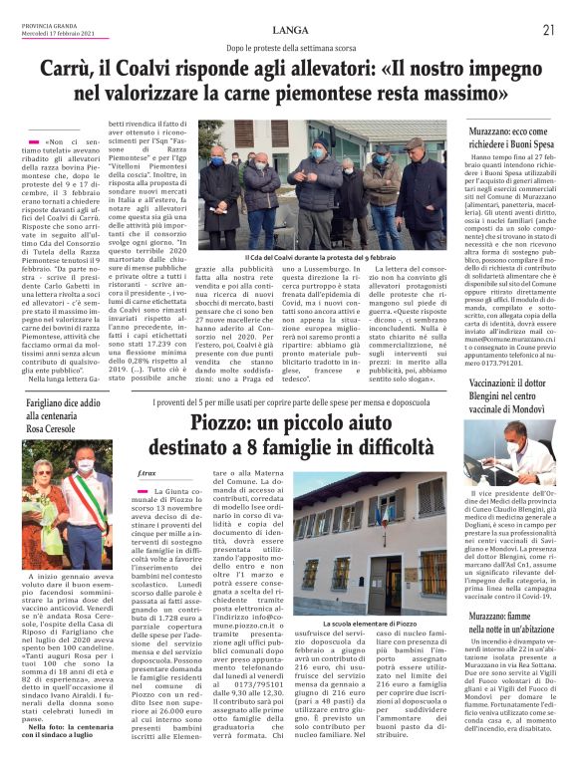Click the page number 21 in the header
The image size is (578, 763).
(547, 29)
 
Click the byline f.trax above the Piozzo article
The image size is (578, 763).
(148, 473)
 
